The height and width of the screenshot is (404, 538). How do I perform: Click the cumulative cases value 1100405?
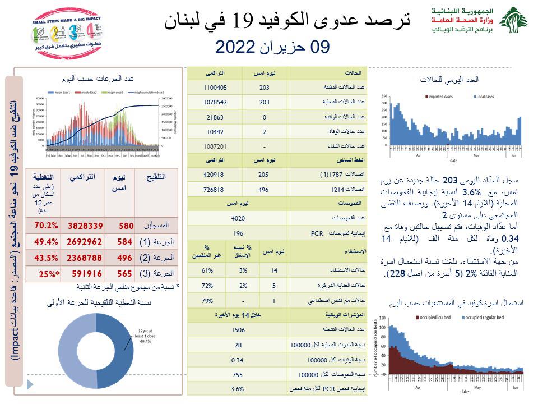215,88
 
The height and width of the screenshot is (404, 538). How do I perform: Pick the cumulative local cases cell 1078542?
215,102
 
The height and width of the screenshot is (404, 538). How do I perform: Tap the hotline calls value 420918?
215,175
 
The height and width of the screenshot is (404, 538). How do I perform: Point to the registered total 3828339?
85,226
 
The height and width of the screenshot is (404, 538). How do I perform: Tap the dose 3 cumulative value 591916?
85,273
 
